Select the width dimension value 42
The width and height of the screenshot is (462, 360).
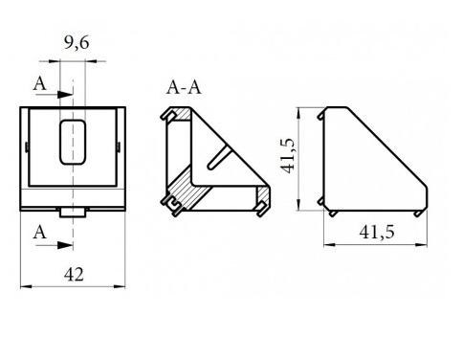tap(74, 274)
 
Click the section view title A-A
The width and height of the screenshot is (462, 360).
tap(184, 88)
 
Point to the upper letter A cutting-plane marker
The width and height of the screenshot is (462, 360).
tap(40, 84)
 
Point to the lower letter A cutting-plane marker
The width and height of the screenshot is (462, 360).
tap(40, 231)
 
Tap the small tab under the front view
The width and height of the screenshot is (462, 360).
tap(72, 211)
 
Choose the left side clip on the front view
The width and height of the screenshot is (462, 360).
tap(24, 146)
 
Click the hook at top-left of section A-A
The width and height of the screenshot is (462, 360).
tap(169, 116)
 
